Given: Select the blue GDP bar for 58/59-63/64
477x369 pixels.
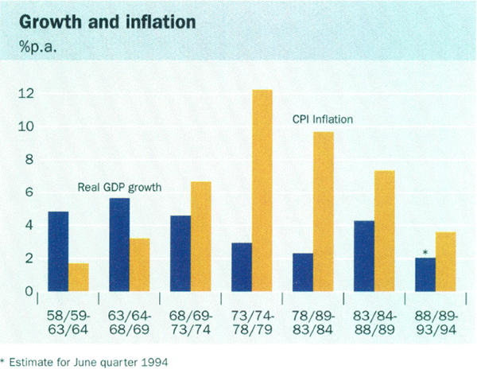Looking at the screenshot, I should coord(59,251).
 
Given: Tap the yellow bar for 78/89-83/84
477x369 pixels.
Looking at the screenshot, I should coord(323,212).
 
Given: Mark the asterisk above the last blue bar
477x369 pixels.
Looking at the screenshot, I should coord(425,253).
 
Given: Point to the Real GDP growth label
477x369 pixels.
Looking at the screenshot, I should coord(120,188).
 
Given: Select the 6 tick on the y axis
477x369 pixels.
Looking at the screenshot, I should coord(30,192).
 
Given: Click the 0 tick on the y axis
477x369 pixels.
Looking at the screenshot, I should coord(30,292).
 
